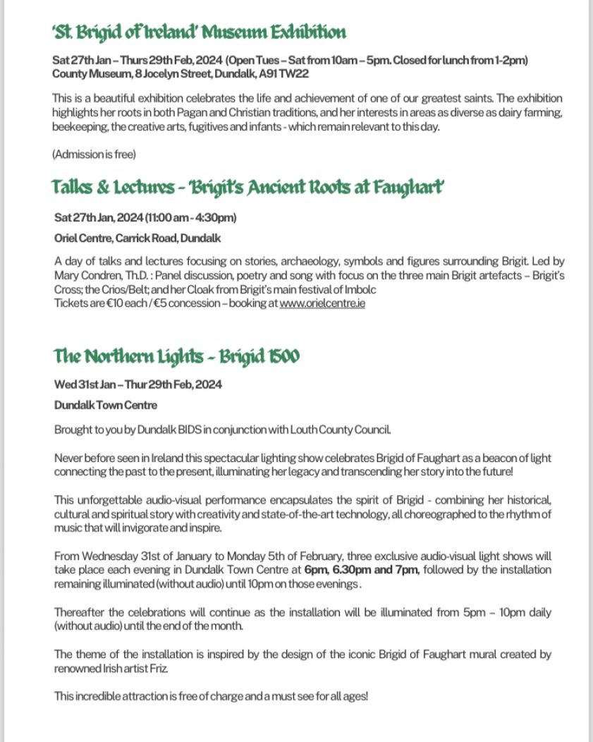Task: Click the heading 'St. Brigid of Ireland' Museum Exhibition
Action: pos(199,32)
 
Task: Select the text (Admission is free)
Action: pos(94,154)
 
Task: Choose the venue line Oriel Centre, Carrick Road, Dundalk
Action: pos(137,238)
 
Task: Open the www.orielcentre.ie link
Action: pos(322,304)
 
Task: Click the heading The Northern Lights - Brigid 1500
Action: pos(176,357)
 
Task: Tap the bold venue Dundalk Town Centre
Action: pos(106,406)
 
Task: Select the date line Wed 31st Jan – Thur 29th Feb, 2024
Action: pos(138,384)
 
